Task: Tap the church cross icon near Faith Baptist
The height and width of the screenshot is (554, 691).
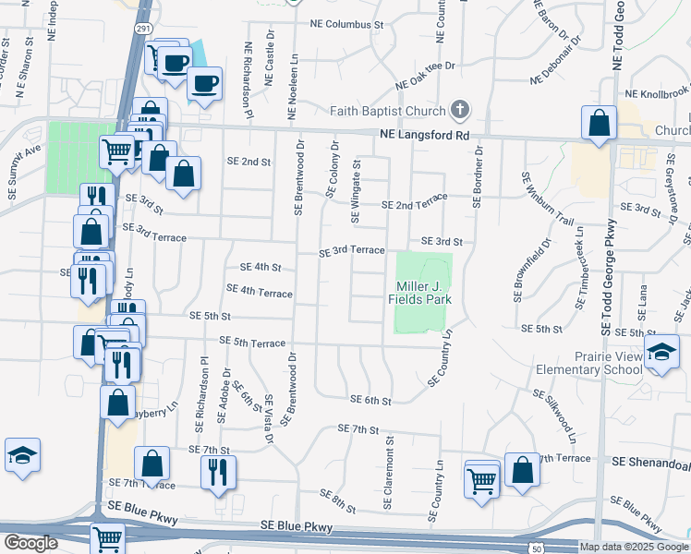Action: pos(459,111)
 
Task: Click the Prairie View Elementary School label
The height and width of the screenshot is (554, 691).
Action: pos(589,363)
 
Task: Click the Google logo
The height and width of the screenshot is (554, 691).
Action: pos(30,543)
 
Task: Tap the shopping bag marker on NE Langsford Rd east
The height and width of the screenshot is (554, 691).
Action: pos(600,124)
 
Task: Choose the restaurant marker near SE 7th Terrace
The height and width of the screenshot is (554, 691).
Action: pos(218,472)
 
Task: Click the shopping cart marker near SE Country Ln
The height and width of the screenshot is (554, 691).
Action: pos(481,479)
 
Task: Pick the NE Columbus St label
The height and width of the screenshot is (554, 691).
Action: pos(346,23)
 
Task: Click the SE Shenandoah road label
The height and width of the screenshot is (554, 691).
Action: pos(650,461)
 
